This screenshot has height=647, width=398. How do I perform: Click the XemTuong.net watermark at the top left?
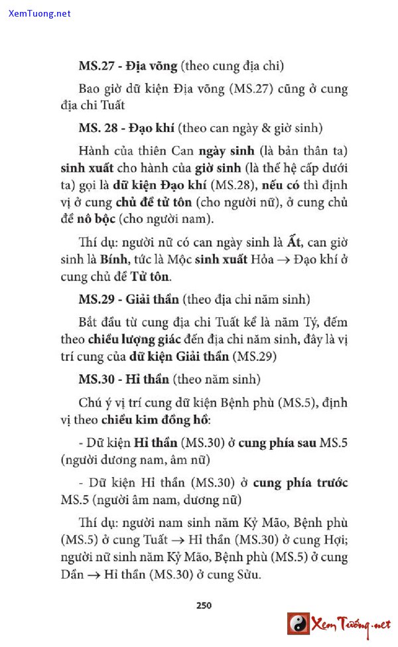[x=39, y=13]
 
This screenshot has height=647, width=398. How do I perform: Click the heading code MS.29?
[x=96, y=299]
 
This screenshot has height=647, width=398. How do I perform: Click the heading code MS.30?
[x=96, y=380]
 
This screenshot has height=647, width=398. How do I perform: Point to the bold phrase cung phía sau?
[x=277, y=443]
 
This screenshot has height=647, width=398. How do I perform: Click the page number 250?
[x=204, y=605]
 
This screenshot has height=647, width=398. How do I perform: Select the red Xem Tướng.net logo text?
[x=352, y=624]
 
